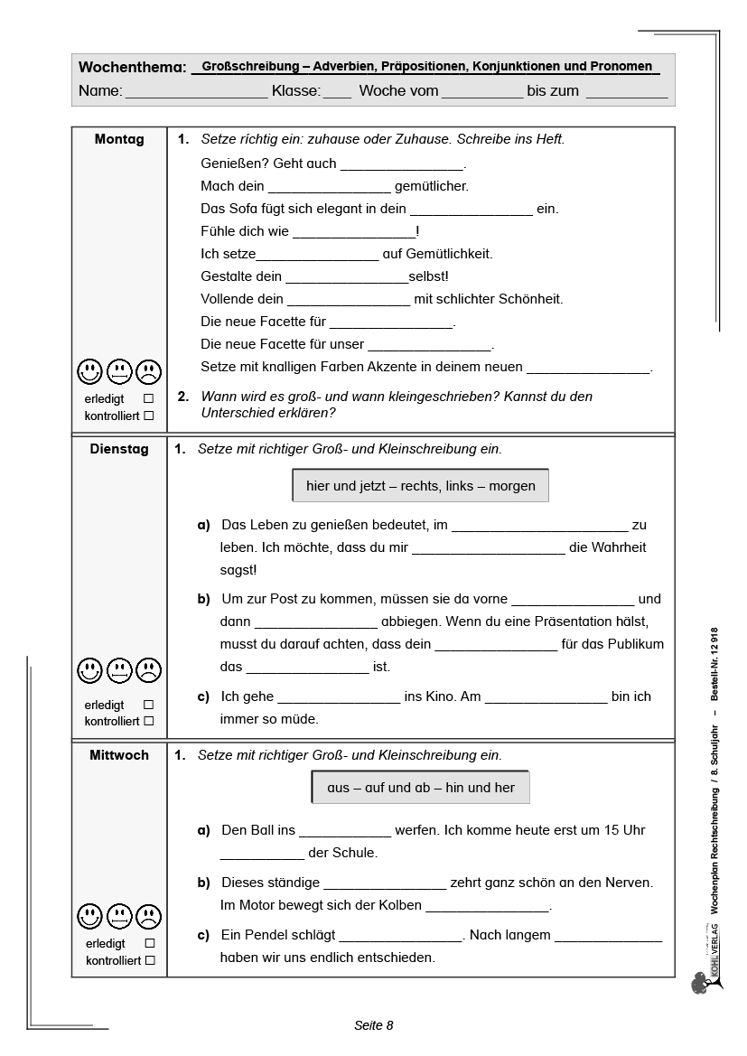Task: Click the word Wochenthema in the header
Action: [132, 68]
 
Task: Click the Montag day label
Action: [119, 139]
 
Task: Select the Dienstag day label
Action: [119, 449]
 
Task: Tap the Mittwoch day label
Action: [119, 755]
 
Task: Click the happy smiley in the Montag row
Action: [89, 371]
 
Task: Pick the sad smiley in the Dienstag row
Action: [148, 670]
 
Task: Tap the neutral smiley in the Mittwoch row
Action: [119, 917]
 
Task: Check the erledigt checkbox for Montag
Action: [149, 398]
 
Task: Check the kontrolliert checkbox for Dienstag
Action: [149, 721]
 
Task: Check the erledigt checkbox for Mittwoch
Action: [149, 943]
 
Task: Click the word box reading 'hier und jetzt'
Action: [420, 486]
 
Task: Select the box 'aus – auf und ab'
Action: [420, 788]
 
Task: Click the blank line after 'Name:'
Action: [196, 92]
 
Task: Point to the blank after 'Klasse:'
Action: [337, 92]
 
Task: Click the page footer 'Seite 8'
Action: [373, 1025]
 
